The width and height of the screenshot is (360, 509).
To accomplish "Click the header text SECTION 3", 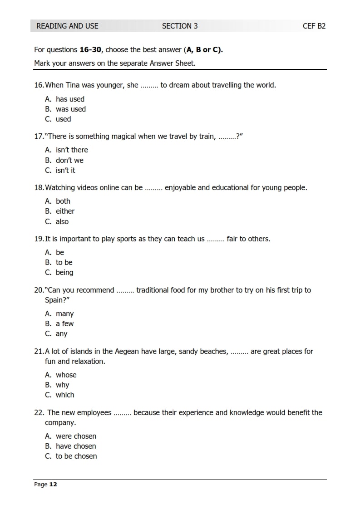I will tap(180, 26).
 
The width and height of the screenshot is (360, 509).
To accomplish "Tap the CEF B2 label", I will tap(314, 26).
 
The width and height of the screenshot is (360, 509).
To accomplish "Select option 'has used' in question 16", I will tap(70, 99).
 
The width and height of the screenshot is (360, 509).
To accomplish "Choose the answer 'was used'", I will tap(70, 109).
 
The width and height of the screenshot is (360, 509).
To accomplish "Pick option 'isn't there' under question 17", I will tap(72, 150).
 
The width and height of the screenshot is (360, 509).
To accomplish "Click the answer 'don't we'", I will tap(69, 160).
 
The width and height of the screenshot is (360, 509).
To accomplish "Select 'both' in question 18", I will tap(63, 201).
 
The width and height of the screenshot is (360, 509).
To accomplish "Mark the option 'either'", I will tap(65, 211).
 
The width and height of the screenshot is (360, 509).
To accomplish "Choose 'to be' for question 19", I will tap(64, 262).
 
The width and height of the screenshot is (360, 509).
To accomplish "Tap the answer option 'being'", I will tap(64, 272).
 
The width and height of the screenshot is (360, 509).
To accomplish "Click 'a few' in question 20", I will tap(64, 323).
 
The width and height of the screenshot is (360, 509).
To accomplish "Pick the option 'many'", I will tap(64, 313).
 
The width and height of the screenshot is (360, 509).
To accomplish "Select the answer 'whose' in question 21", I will tap(66, 375).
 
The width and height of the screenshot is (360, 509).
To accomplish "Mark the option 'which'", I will tap(65, 395).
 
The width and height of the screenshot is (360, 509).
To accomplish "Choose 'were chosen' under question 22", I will tap(76, 436).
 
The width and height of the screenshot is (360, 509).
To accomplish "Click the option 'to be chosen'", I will tap(76, 456).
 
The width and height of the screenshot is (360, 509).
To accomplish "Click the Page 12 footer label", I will tap(46, 485).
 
